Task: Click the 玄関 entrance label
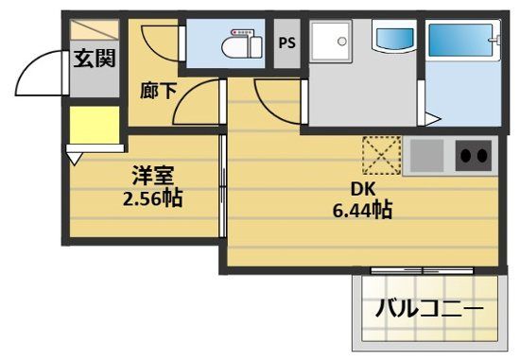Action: coord(95,59)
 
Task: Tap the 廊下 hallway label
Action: coord(156,92)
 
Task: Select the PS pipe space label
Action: coord(286,43)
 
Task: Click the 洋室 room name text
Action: coord(151,176)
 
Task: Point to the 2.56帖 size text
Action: coord(151,198)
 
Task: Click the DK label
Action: coord(363,188)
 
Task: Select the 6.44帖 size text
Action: coord(363,210)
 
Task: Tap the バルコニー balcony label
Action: coord(429,309)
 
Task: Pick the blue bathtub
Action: coord(462,43)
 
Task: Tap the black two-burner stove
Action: coord(474,155)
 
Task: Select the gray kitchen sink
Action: coord(425,155)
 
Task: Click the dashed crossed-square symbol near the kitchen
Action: coord(383,156)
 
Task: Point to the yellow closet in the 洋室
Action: coord(94,127)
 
